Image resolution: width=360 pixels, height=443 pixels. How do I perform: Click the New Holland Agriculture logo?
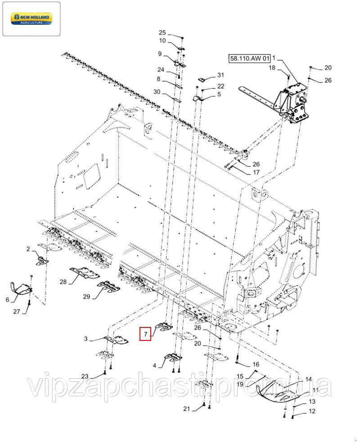(31, 18)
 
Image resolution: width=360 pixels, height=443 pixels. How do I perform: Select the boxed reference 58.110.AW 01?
(249, 58)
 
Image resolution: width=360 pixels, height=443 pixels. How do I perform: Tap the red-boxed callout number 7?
(145, 334)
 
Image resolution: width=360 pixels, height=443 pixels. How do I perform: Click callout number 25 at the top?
(162, 33)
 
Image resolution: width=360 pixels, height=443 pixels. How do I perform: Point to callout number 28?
(63, 282)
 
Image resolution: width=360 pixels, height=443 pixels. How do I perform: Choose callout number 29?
(86, 296)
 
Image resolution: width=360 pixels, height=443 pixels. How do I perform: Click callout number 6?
(7, 300)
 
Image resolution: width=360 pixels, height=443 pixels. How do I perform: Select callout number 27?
(17, 311)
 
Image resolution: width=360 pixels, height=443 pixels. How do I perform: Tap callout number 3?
(86, 339)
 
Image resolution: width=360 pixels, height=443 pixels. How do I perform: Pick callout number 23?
(85, 376)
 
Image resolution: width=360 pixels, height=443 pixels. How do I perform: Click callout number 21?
(186, 408)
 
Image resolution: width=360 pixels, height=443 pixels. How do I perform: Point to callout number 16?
(256, 364)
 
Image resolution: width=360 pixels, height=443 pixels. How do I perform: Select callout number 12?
(312, 411)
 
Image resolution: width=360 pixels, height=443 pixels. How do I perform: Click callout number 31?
(220, 75)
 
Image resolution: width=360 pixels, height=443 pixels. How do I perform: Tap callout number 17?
(256, 172)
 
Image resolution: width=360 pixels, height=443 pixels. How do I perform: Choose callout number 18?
(272, 67)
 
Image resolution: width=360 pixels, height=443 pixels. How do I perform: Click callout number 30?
(157, 92)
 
